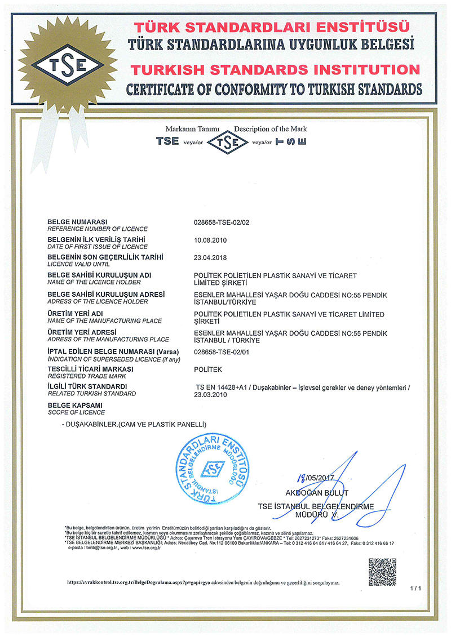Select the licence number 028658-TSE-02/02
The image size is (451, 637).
(x=221, y=222)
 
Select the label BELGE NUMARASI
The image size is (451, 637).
(x=78, y=221)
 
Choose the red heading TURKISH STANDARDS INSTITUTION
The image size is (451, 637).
(x=275, y=70)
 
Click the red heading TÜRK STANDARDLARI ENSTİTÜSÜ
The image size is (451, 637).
(x=275, y=27)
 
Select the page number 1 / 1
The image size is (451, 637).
(x=416, y=589)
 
